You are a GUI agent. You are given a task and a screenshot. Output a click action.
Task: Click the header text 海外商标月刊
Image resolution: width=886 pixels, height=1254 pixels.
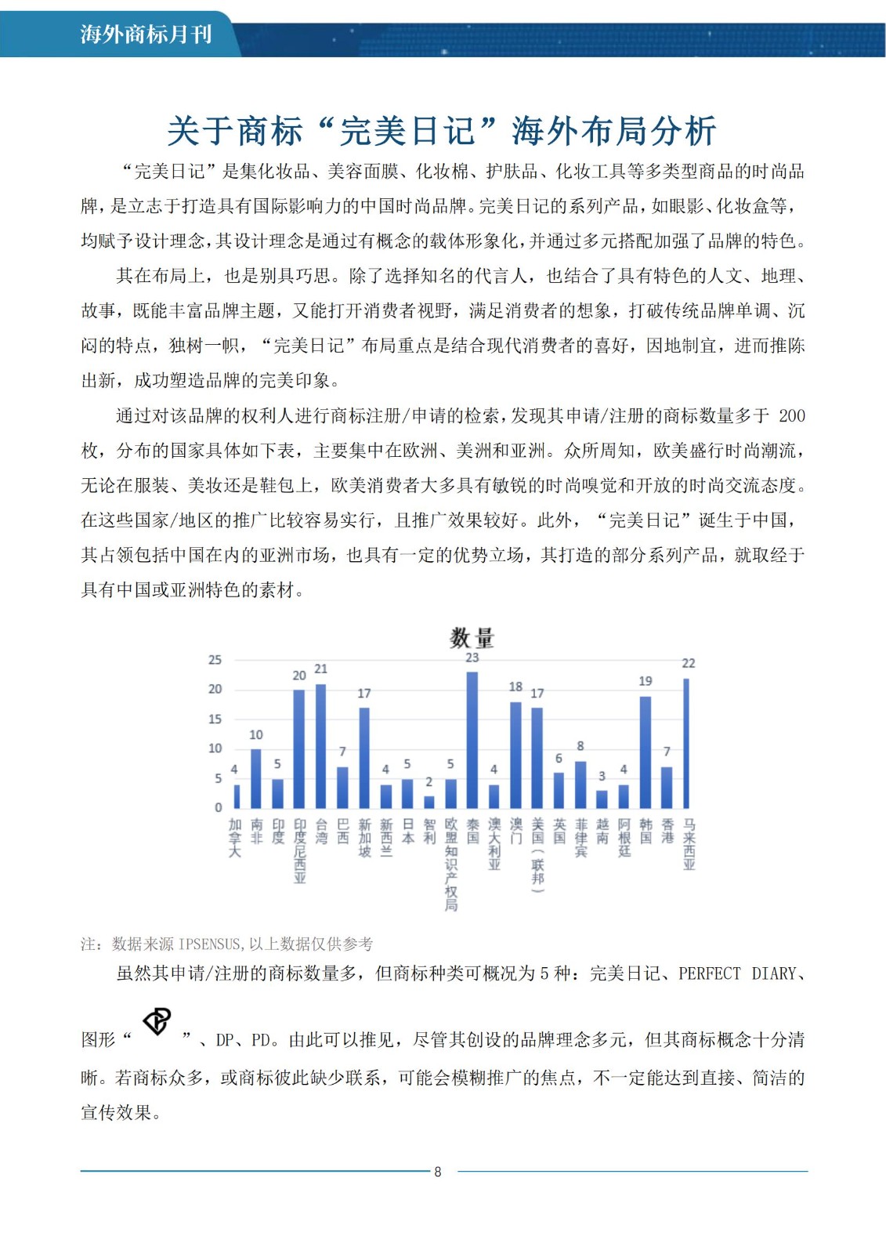click(146, 34)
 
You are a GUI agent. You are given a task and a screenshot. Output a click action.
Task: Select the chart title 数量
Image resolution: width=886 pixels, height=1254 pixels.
click(472, 638)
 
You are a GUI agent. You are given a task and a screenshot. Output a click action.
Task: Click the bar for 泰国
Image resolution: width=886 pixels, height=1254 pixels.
click(472, 740)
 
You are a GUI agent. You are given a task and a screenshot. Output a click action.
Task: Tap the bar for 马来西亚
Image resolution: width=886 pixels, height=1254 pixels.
click(687, 743)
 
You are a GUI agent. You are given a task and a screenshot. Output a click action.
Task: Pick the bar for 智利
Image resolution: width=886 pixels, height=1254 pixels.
click(429, 802)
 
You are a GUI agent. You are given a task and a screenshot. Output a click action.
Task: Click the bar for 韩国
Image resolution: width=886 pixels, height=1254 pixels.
click(646, 752)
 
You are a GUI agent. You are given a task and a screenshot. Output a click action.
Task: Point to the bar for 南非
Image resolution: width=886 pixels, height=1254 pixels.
click(256, 778)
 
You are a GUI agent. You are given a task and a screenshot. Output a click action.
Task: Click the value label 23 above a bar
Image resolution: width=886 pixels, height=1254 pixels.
click(472, 658)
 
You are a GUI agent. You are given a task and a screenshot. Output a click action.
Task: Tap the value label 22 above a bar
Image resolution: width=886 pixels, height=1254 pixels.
click(689, 664)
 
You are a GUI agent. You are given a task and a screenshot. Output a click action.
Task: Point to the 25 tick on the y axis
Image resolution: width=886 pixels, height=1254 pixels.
click(215, 660)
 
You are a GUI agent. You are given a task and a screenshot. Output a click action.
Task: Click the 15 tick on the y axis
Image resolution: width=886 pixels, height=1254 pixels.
click(215, 719)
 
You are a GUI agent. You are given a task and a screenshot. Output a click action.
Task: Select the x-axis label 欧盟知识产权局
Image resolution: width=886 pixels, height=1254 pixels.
click(450, 864)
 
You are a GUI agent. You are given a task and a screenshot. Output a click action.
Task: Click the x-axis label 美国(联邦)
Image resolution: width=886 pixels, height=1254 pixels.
click(537, 855)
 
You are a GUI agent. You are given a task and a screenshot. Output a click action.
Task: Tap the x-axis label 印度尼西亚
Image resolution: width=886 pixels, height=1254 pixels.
click(299, 851)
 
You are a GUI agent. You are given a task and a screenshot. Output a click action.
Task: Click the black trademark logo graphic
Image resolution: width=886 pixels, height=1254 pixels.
click(157, 1021)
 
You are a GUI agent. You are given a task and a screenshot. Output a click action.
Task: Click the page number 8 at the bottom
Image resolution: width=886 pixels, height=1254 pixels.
click(438, 1172)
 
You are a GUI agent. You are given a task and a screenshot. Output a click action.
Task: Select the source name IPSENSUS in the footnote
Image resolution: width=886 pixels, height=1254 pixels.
click(211, 944)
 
